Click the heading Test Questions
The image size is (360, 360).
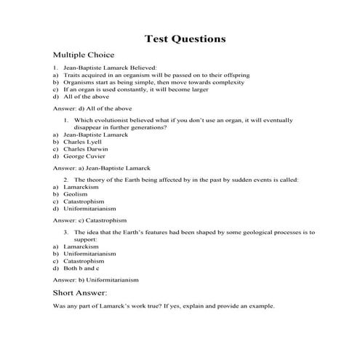click(185, 38)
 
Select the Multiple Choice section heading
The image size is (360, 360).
click(84, 55)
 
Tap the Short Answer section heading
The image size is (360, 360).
click(80, 292)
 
